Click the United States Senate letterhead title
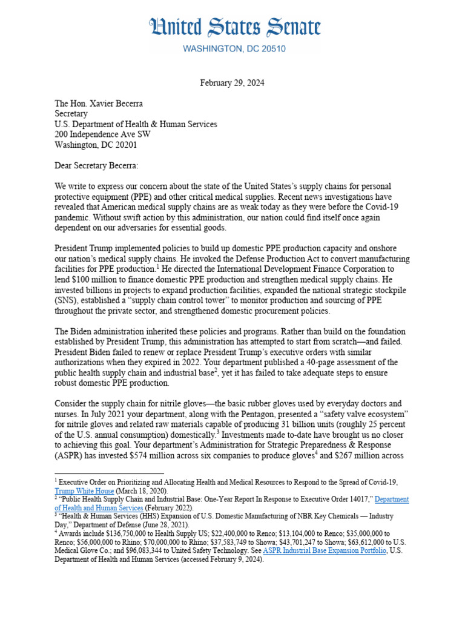(x=236, y=28)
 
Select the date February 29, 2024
(x=232, y=83)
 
